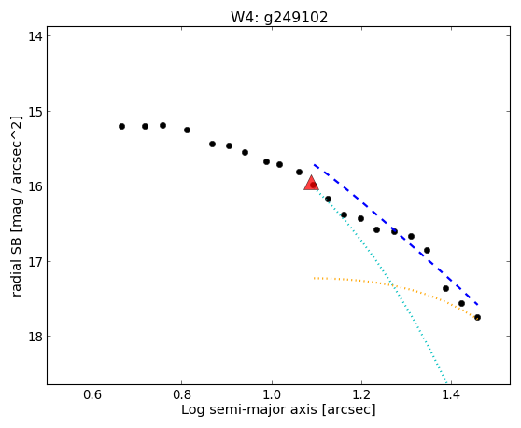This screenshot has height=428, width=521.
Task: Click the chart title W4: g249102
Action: [279, 17]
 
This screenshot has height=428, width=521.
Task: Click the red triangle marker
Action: [311, 183]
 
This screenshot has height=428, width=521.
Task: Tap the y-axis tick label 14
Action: [35, 35]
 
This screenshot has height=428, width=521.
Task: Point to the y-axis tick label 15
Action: [35, 111]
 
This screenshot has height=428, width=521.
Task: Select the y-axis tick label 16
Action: [35, 186]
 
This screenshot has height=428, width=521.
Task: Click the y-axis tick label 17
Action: [35, 261]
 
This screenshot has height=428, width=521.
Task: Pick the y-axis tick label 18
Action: [35, 337]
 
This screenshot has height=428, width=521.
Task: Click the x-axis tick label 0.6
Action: [92, 394]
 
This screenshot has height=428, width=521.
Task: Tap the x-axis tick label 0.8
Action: [182, 394]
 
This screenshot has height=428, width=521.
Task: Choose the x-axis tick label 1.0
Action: [272, 394]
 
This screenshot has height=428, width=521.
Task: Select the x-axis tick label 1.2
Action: [361, 394]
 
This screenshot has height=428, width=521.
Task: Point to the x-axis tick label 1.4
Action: [451, 394]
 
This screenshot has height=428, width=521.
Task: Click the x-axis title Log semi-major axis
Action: [249, 410]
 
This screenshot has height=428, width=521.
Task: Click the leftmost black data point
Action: [122, 127]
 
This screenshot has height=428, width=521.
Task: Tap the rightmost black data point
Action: [477, 318]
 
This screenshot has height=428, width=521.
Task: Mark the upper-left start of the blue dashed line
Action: [314, 164]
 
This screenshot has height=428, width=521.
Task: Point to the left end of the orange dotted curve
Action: [314, 278]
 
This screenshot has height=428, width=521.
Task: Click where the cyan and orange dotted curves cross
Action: [393, 285]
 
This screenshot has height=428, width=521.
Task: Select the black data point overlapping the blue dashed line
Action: [394, 231]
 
